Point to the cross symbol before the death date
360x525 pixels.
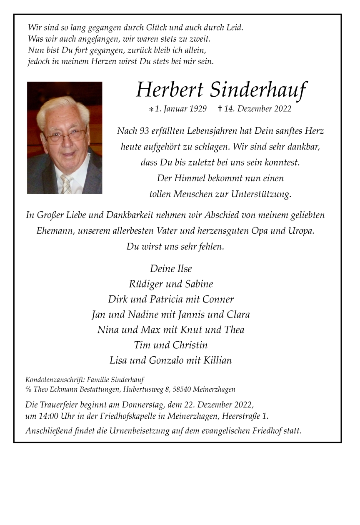220,109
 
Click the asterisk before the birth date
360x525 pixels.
151,110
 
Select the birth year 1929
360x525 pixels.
198,109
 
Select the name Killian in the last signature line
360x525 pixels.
217,360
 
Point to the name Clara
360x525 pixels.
238,315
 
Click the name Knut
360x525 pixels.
192,330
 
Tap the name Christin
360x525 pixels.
189,345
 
